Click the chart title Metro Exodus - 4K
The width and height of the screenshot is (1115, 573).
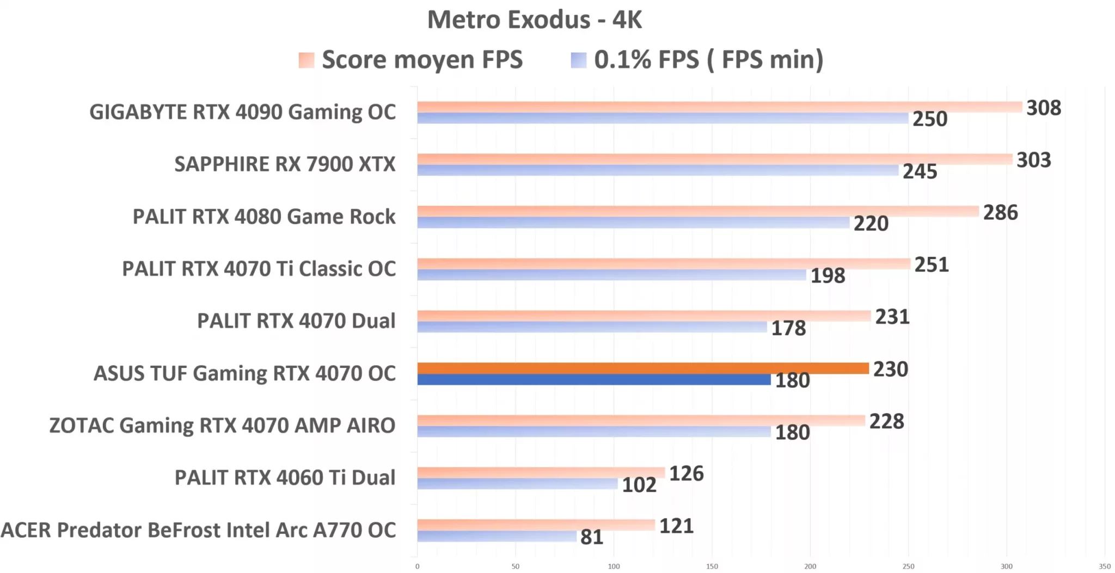point(534,20)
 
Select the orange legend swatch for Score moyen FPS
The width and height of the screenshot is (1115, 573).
point(307,60)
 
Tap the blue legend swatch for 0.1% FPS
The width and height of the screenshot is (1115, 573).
point(578,60)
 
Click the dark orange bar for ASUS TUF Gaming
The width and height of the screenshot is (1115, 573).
point(642,368)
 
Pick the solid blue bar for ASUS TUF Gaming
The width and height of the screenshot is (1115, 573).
point(593,380)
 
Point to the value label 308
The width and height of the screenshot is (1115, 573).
point(1043,108)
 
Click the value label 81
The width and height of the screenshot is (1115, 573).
point(592,537)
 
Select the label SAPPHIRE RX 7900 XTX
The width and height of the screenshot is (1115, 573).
point(285,164)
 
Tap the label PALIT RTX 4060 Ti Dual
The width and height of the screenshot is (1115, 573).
point(285,477)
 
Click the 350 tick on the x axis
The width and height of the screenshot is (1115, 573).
point(1104,566)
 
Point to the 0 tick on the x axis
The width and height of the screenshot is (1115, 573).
point(418,566)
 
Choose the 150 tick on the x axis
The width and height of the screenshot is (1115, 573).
point(712,566)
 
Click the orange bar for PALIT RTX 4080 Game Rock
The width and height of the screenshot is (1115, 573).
point(697,211)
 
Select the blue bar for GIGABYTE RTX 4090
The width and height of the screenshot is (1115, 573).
point(662,118)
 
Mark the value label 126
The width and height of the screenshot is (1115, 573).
point(686,473)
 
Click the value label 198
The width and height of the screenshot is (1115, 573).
point(828,276)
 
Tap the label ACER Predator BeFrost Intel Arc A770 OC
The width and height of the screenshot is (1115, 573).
point(198,530)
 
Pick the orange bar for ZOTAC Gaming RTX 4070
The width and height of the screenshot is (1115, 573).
point(640,420)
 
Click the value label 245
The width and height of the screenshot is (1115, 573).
point(920,171)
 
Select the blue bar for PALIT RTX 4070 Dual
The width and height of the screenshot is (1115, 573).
point(592,327)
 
